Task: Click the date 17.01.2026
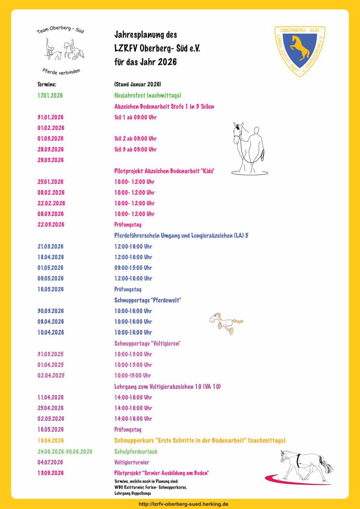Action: (x=50, y=95)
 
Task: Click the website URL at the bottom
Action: (x=183, y=504)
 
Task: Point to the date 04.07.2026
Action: (x=50, y=462)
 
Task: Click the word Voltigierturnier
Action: (x=132, y=462)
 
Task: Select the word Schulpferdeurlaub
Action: (x=136, y=452)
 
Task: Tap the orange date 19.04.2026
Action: (x=50, y=441)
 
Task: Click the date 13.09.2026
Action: (x=50, y=473)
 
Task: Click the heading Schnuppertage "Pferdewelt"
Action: (x=148, y=300)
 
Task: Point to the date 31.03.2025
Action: (x=50, y=354)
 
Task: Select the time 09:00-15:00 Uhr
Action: (x=133, y=268)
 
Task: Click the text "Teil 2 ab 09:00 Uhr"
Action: (x=135, y=139)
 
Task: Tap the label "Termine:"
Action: (x=47, y=85)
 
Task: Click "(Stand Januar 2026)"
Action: (x=138, y=85)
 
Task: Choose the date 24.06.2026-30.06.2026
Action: (x=65, y=452)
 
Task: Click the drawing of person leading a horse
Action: (x=249, y=148)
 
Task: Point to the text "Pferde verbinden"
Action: (x=61, y=71)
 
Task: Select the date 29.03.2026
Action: (x=50, y=160)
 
